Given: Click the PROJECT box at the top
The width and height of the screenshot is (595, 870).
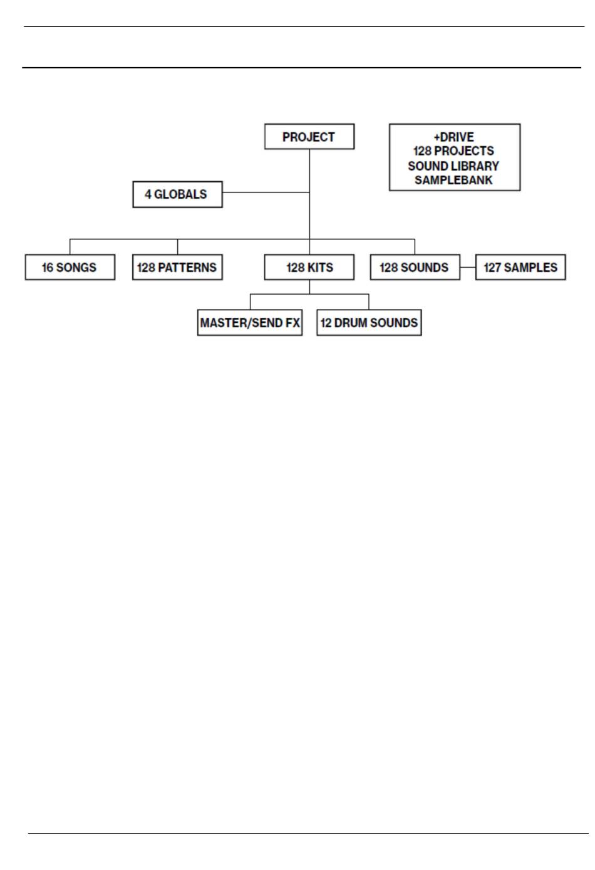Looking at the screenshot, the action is pyautogui.click(x=309, y=136).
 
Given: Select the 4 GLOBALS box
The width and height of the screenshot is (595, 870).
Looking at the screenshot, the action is pyautogui.click(x=177, y=194).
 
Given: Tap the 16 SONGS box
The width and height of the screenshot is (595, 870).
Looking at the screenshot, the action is pyautogui.click(x=70, y=267).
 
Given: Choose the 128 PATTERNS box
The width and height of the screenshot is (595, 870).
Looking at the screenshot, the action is pyautogui.click(x=177, y=267).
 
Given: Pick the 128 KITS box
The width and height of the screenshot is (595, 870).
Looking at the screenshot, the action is pyautogui.click(x=309, y=267).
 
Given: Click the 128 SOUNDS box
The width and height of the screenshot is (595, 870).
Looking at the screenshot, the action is pyautogui.click(x=415, y=267).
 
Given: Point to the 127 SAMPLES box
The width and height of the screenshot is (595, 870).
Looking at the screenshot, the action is pyautogui.click(x=520, y=267).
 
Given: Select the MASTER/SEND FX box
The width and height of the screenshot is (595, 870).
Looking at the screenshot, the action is pyautogui.click(x=250, y=322).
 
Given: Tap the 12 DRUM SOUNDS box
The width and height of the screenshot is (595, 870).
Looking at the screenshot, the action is pyautogui.click(x=369, y=322).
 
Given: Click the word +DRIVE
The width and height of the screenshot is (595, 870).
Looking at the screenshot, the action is pyautogui.click(x=453, y=137).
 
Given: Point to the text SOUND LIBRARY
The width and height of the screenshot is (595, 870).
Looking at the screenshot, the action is pyautogui.click(x=453, y=166).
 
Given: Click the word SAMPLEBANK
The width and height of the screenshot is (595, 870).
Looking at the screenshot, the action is pyautogui.click(x=453, y=180).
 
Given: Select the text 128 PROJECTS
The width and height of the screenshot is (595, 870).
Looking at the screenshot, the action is pyautogui.click(x=453, y=150).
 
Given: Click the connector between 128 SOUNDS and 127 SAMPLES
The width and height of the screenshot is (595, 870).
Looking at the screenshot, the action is pyautogui.click(x=468, y=267).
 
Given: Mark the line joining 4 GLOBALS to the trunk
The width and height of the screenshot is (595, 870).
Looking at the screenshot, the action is pyautogui.click(x=266, y=192).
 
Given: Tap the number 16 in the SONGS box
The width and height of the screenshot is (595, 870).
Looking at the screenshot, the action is pyautogui.click(x=48, y=268).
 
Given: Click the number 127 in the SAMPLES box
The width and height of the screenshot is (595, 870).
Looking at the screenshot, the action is pyautogui.click(x=492, y=268).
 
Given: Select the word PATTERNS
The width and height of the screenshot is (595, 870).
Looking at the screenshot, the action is pyautogui.click(x=187, y=268).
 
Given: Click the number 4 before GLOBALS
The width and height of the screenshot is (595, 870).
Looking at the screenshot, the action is pyautogui.click(x=148, y=194).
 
